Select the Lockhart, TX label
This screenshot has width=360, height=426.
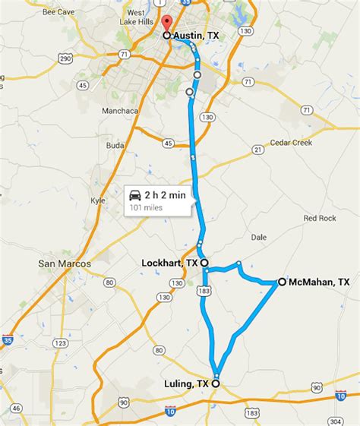(170, 263)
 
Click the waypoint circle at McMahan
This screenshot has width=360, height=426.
(282, 282)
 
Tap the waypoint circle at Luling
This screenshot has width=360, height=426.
(216, 384)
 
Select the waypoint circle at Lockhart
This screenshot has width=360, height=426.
(204, 263)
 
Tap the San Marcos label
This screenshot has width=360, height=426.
(65, 263)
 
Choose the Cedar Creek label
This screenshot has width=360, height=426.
(292, 142)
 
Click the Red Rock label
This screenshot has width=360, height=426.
(320, 218)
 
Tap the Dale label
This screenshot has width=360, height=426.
(258, 237)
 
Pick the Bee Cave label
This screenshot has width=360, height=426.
(59, 13)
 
